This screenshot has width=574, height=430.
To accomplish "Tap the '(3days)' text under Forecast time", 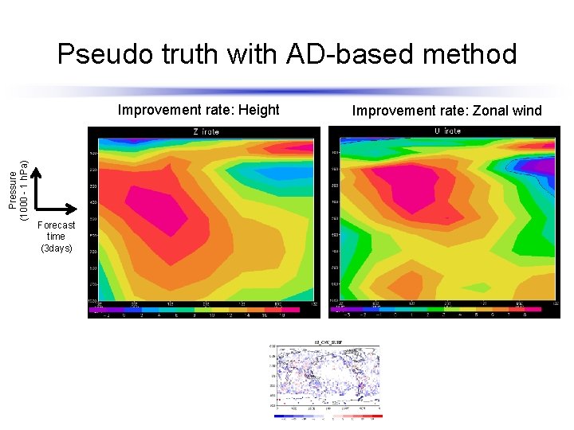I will (x=56, y=248).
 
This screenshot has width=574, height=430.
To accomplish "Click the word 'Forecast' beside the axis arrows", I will (x=56, y=225).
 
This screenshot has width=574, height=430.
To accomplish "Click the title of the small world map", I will (x=326, y=341).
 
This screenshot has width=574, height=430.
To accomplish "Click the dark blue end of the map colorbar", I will (x=277, y=416).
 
